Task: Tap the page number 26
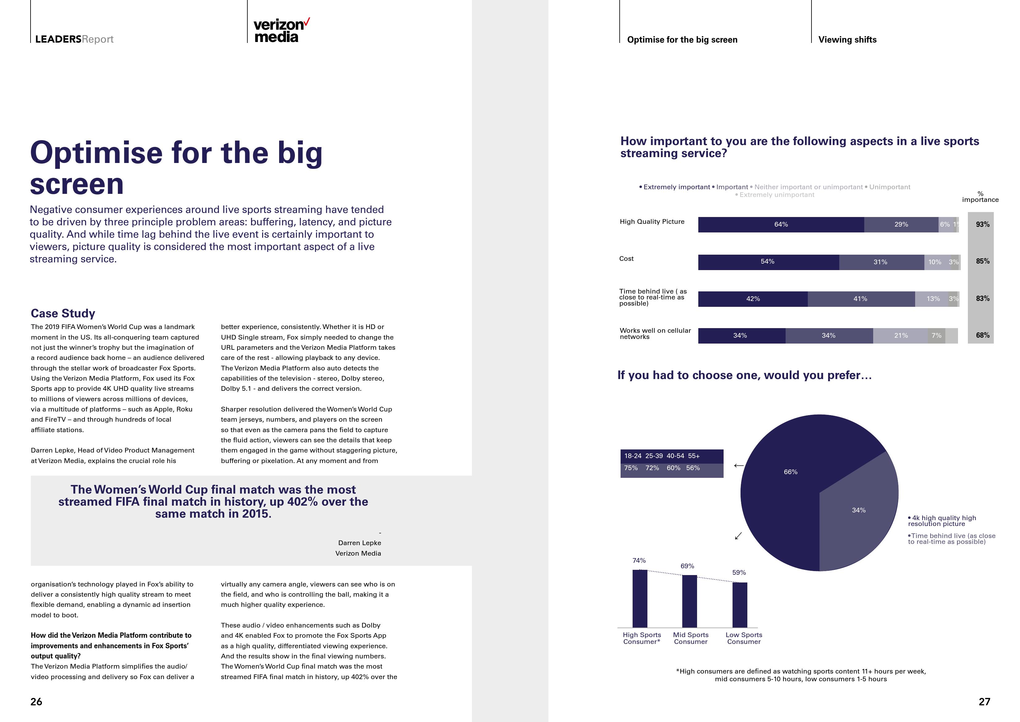(36, 702)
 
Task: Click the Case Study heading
(63, 313)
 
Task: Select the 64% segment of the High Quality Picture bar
(781, 224)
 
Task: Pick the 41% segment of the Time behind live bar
(861, 299)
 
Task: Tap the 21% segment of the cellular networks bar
(901, 336)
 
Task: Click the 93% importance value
(983, 224)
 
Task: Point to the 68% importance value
(983, 335)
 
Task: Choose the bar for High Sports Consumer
(640, 598)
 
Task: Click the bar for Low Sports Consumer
(740, 605)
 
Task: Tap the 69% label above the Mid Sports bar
(687, 566)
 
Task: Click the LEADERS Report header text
(74, 40)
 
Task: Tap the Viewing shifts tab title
(847, 40)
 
